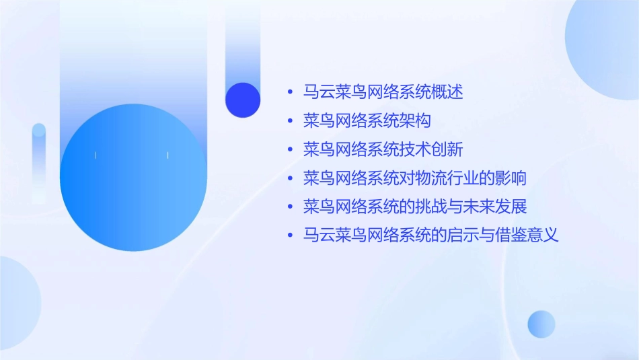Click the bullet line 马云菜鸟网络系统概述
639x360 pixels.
[383, 92]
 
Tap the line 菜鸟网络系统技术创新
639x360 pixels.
[383, 149]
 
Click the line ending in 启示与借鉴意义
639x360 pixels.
[431, 236]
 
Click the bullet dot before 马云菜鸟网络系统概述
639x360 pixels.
[290, 92]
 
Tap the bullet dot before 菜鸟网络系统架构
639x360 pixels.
[290, 121]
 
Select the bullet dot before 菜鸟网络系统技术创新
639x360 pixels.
[290, 150]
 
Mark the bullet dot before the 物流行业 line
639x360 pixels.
[290, 179]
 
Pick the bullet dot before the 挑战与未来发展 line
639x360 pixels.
[290, 207]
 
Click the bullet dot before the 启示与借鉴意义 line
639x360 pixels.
[290, 236]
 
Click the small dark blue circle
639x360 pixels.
[243, 100]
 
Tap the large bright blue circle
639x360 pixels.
[133, 178]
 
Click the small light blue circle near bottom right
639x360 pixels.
[541, 324]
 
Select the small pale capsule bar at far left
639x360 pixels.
[39, 161]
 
